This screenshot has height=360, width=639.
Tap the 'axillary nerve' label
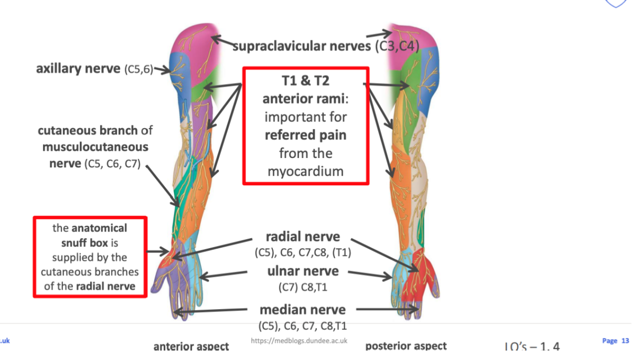click(78, 69)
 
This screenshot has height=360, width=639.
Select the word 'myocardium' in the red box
click(305, 171)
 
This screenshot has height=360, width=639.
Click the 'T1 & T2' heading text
click(305, 82)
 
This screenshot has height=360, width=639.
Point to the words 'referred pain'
click(305, 135)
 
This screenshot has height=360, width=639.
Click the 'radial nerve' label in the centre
click(303, 237)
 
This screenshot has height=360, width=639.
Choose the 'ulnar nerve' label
click(303, 271)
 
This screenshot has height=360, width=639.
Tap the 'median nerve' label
click(303, 310)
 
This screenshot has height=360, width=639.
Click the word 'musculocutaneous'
click(95, 146)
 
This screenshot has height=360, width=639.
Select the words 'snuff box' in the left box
click(86, 242)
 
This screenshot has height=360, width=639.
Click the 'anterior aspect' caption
click(191, 346)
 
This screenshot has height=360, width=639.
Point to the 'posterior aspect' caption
click(406, 346)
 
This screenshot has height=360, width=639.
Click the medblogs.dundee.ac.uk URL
click(299, 341)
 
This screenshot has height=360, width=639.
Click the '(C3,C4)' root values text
click(397, 46)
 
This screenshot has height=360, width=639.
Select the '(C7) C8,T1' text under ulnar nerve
click(303, 287)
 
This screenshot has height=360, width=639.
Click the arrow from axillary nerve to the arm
click(162, 69)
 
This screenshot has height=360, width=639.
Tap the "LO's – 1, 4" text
click(532, 347)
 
